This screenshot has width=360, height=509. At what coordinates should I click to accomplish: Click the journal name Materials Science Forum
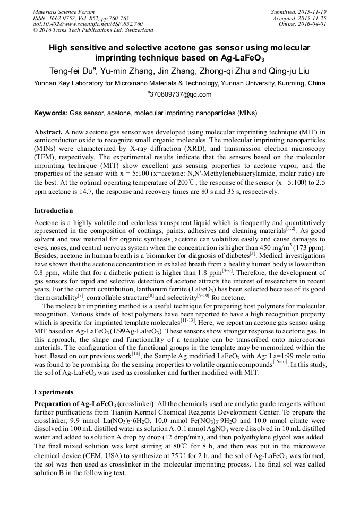pyautogui.click(x=64, y=12)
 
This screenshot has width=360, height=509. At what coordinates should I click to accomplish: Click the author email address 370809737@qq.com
pyautogui.click(x=180, y=94)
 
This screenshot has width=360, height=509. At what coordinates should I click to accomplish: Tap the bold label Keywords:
pyautogui.click(x=51, y=113)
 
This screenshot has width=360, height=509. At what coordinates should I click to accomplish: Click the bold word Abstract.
pyautogui.click(x=48, y=131)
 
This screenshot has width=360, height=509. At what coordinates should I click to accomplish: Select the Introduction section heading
pyautogui.click(x=54, y=211)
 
